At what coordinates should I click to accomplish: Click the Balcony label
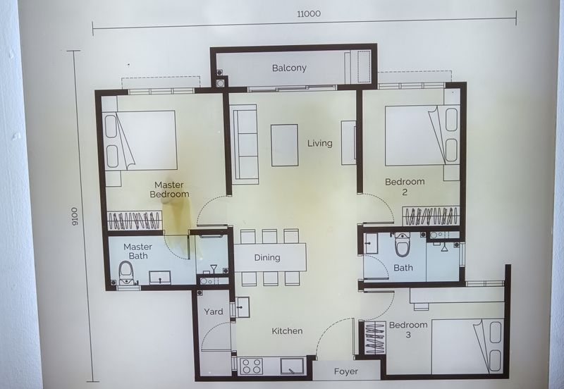(289, 68)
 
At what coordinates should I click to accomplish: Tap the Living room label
(319, 143)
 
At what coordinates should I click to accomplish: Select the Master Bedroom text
(169, 190)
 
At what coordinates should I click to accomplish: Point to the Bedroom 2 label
(405, 187)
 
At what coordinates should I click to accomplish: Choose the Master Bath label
(138, 252)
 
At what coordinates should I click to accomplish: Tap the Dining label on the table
(267, 258)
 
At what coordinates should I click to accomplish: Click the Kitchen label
(287, 331)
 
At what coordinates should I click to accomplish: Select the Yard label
(213, 311)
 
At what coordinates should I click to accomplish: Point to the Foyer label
(345, 371)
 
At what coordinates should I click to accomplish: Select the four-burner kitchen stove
(252, 366)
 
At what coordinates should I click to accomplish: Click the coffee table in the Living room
(284, 144)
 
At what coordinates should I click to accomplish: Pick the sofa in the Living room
(244, 144)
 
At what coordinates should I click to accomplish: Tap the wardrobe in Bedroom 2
(431, 216)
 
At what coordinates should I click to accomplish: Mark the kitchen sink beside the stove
(292, 366)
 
